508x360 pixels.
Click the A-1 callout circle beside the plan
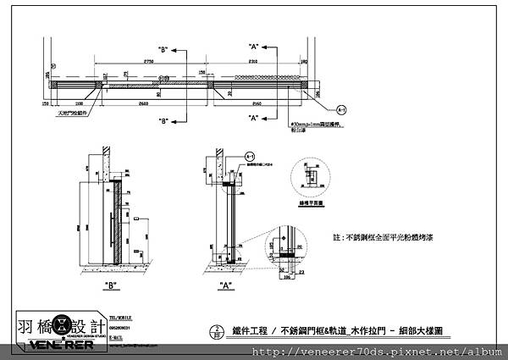point(342,110)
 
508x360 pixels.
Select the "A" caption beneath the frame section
point(226,284)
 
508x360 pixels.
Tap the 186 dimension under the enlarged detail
point(287,276)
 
